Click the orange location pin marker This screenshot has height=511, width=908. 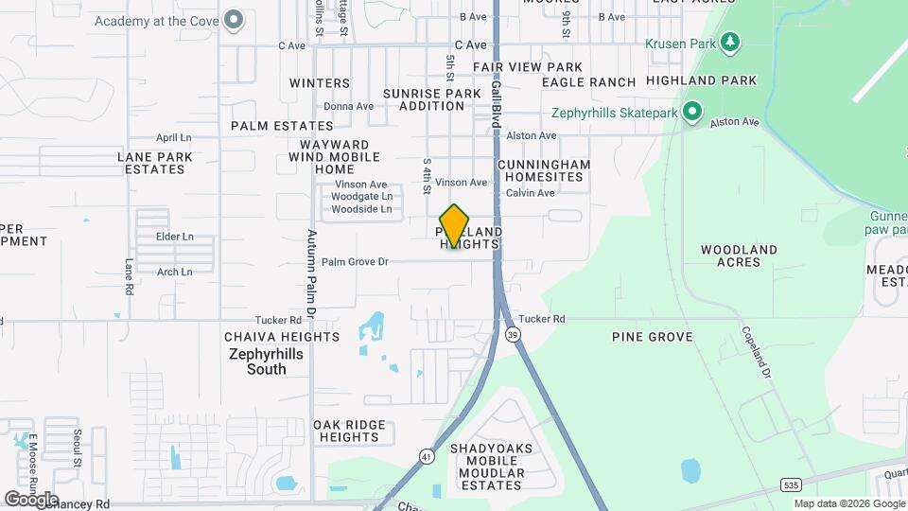(455, 225)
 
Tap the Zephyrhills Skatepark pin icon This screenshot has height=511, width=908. (692, 113)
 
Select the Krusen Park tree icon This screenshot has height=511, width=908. (729, 43)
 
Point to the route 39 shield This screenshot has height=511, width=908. (512, 334)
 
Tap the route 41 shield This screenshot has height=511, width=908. (427, 457)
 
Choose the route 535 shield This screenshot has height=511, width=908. (791, 485)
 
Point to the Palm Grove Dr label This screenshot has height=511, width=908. (355, 261)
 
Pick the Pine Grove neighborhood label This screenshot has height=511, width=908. (653, 337)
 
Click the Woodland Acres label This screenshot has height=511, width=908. (739, 255)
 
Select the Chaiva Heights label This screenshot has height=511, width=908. (282, 337)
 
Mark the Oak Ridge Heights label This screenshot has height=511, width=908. (349, 431)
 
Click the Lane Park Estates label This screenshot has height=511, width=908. (151, 163)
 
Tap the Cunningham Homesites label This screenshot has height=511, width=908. (544, 170)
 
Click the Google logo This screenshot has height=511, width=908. (31, 499)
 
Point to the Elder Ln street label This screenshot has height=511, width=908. (174, 237)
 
